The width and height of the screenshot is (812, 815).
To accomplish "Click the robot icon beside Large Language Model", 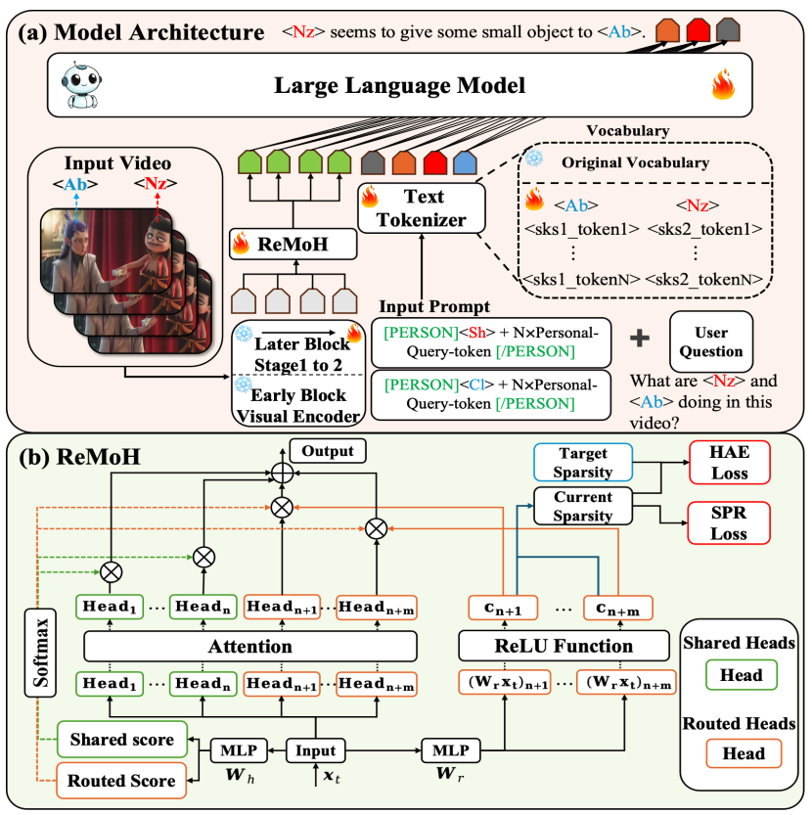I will [75, 86].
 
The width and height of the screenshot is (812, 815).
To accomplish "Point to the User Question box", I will [711, 340].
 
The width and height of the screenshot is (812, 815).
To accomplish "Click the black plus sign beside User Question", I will [640, 338].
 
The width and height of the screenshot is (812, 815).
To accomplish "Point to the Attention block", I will [250, 647].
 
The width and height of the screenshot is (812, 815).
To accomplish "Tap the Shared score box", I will [123, 741].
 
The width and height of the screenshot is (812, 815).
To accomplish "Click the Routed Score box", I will [123, 780].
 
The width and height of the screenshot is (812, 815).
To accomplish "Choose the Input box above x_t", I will [316, 751].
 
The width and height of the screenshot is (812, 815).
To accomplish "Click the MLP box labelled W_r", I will [452, 751].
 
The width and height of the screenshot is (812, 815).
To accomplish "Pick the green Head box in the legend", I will [741, 675].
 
